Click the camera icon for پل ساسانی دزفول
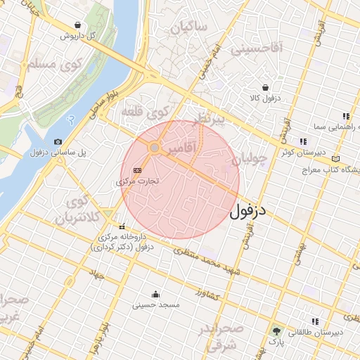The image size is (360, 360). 58,141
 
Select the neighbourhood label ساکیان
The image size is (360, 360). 188,28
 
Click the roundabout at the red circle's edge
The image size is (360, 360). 155,148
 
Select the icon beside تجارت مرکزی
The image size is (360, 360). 137,170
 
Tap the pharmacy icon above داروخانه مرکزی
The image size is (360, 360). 122,226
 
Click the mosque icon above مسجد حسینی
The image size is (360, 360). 155,294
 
